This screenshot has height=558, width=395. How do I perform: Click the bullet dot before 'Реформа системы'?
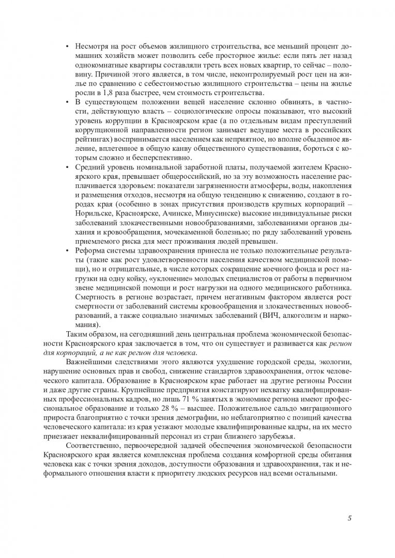click(67, 251)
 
